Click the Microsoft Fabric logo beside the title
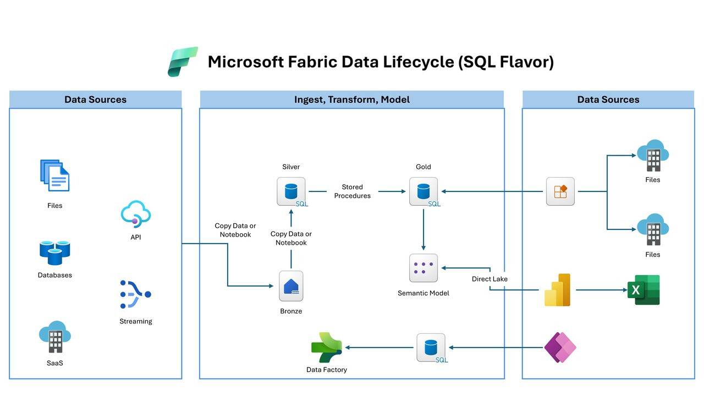183,62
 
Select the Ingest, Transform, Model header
351,100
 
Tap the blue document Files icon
54,175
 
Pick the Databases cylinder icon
54,252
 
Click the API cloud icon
136,214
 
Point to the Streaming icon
135,294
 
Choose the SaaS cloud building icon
54,337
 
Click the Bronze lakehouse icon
291,286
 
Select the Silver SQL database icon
291,191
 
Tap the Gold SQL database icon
424,191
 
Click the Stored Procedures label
352,191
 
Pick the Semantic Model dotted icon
424,268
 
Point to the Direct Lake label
490,279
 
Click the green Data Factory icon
327,347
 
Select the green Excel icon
643,289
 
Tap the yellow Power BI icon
558,289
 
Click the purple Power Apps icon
560,348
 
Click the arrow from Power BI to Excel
599,289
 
